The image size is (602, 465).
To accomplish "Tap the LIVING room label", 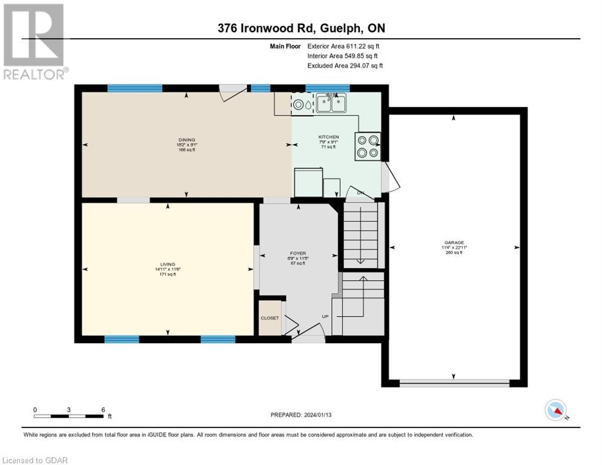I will click(168, 264).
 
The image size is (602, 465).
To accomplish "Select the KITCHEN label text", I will click(329, 137).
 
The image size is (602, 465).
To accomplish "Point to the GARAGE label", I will click(453, 242).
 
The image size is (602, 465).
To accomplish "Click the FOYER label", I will click(298, 253).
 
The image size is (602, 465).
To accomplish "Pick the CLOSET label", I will click(270, 318).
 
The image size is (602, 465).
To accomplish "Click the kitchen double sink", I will click(331, 104).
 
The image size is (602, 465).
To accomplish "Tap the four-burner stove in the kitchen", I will click(368, 147).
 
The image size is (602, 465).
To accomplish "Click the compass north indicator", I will click(556, 410).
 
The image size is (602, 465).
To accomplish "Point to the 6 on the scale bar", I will click(103, 409).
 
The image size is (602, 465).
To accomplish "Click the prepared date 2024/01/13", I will click(302, 415).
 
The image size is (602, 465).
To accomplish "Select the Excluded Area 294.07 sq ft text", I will click(345, 65).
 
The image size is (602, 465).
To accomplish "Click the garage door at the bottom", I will click(454, 383).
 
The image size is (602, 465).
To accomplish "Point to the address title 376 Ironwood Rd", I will click(300, 28).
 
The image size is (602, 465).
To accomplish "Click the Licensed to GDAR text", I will click(35, 460).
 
